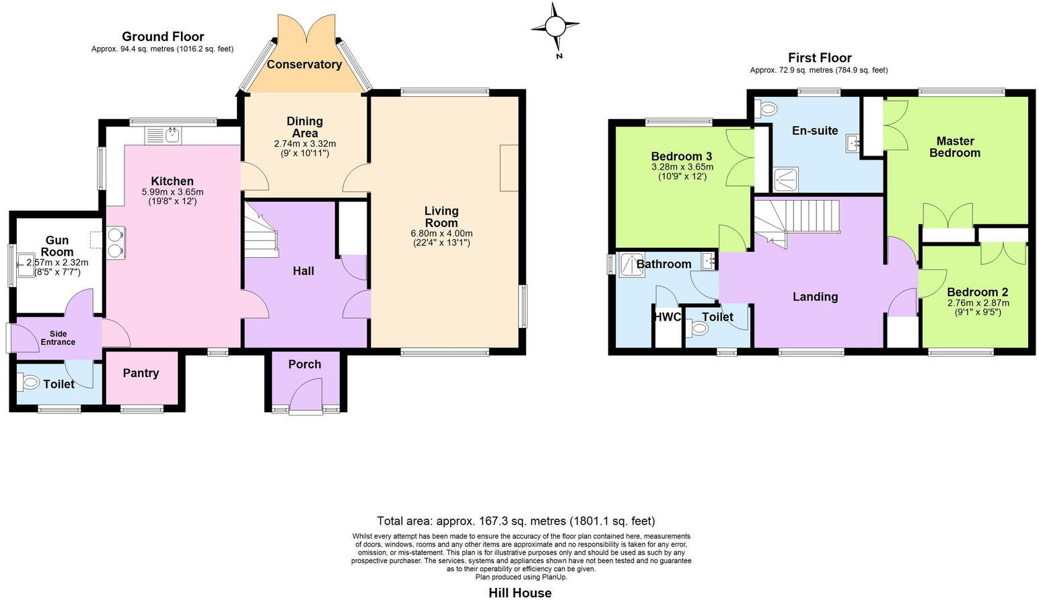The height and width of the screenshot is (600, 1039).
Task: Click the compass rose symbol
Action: click(555, 27)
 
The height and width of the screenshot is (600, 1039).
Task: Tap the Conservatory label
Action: click(304, 65)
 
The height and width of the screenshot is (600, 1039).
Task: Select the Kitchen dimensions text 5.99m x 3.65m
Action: click(172, 192)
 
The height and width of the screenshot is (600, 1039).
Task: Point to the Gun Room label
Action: click(57, 246)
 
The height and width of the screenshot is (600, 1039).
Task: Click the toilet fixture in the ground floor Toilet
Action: click(30, 383)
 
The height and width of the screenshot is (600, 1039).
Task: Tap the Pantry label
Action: click(141, 373)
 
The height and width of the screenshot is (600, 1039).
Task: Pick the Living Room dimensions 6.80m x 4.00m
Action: click(441, 234)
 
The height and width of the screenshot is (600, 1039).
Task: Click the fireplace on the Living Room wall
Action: click(509, 168)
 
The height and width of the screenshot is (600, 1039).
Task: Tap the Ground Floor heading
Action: click(163, 36)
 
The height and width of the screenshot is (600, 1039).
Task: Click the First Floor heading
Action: click(820, 58)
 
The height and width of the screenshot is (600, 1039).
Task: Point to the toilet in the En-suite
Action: click(766, 108)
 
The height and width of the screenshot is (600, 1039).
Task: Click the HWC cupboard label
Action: click(667, 317)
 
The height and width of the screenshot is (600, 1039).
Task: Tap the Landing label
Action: click(815, 296)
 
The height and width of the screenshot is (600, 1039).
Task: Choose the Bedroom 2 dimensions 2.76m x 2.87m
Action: click(977, 303)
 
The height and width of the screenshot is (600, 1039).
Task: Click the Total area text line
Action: click(515, 521)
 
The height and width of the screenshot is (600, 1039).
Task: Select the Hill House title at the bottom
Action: click(519, 593)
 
